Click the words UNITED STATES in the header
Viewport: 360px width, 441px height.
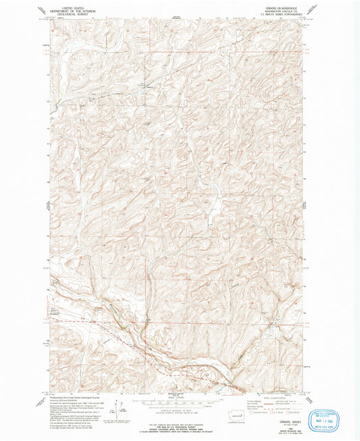66,5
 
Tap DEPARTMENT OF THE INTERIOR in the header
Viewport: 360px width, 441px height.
66,8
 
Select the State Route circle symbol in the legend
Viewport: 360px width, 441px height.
291,411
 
